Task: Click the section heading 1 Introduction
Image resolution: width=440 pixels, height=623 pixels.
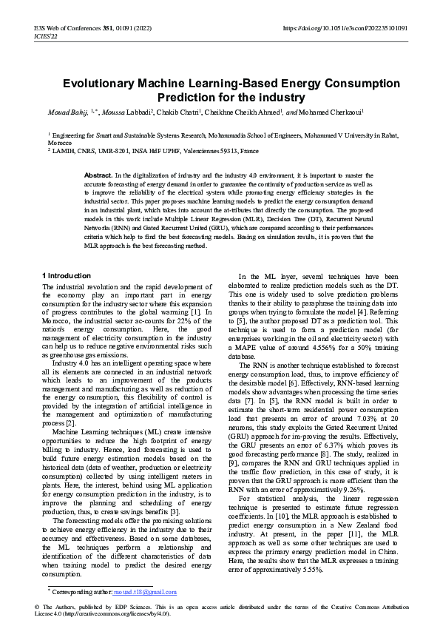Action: coord(67,276)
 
